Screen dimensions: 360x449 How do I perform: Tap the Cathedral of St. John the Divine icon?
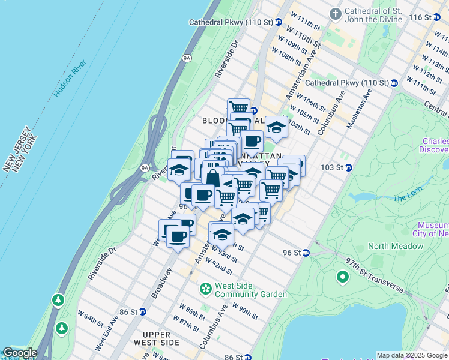click(336, 13)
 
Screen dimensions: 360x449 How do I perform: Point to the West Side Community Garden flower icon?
click(206, 289)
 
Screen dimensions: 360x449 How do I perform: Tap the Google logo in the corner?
click(19, 353)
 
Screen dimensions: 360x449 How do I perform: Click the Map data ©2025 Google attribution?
click(411, 355)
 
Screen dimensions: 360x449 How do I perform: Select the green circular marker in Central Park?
click(343, 277)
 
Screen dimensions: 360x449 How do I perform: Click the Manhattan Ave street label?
click(363, 107)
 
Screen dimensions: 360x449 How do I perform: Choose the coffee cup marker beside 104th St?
click(252, 142)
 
